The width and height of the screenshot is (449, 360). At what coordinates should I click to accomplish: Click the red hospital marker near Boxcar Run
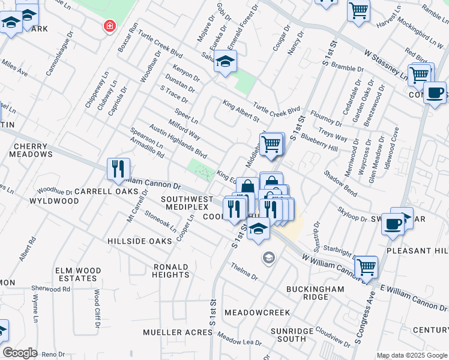coord(109,26)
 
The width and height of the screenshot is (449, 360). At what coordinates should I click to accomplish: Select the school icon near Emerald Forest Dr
coord(225,62)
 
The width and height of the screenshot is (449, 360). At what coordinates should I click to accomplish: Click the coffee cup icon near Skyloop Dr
coord(393,223)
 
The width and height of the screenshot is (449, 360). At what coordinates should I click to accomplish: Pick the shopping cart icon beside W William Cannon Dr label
coord(366,267)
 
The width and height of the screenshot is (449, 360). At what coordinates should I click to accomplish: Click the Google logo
coord(20,352)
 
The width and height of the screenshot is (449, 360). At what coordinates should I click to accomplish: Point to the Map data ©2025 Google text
coord(412,355)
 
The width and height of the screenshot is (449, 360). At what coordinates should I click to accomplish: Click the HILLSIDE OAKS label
coord(139,241)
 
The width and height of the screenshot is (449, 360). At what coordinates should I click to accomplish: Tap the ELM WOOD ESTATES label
coord(76,274)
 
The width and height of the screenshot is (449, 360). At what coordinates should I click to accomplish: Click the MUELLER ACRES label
coord(169,332)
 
